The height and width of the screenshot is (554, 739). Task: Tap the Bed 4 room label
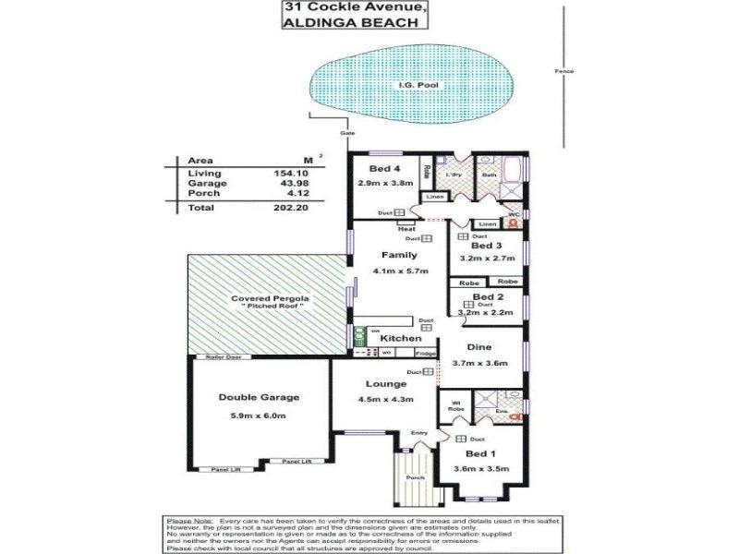[383, 168]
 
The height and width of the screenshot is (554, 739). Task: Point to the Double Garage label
[259, 397]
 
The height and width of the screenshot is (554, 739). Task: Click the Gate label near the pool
[347, 133]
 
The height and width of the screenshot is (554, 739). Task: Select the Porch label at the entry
[416, 477]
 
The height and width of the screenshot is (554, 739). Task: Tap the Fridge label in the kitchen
[425, 353]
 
